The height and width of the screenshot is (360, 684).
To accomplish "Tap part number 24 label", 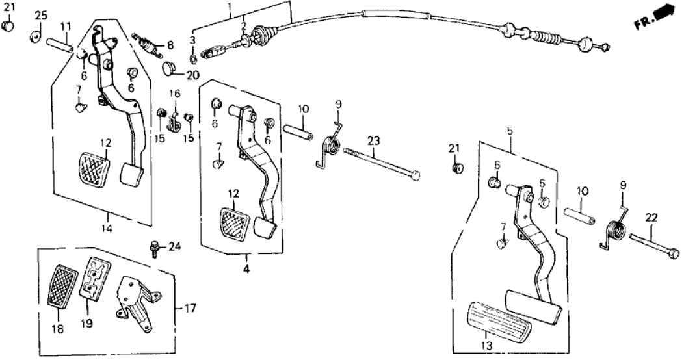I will (x=174, y=246).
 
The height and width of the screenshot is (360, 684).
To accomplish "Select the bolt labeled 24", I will (x=155, y=248).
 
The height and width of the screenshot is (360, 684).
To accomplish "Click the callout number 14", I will (x=107, y=228).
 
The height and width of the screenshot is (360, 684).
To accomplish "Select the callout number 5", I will (x=510, y=131).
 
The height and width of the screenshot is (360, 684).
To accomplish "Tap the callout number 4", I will (x=246, y=267).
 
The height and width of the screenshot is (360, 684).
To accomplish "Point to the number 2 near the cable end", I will (x=243, y=25).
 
